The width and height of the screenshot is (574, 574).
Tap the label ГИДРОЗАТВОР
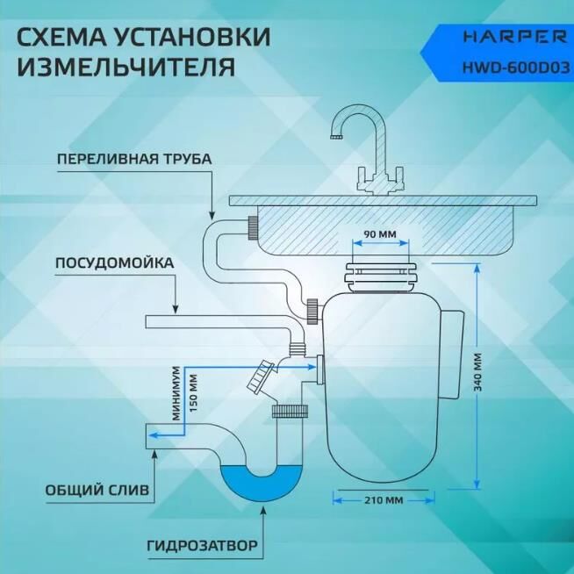202,545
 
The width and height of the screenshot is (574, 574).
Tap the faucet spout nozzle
334,136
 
